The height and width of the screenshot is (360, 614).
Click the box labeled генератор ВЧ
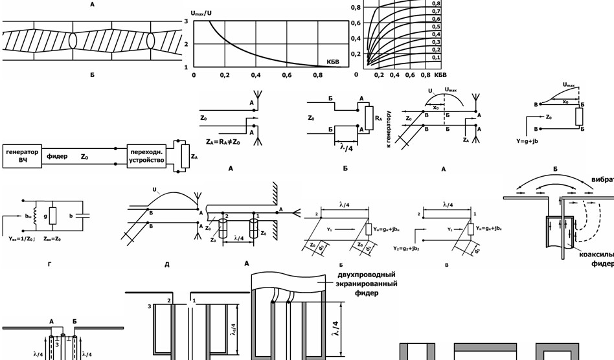coord(22,156)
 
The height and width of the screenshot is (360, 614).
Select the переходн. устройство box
coord(147,156)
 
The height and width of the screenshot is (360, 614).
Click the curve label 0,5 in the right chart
coord(436,27)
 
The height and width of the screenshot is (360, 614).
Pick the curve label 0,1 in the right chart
coord(436,58)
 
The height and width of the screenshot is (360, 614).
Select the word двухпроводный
coord(367,275)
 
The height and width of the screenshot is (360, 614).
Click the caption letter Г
coord(50,264)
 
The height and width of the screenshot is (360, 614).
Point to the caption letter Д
coord(167,264)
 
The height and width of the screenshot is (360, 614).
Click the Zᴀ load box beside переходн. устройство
coord(185,156)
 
